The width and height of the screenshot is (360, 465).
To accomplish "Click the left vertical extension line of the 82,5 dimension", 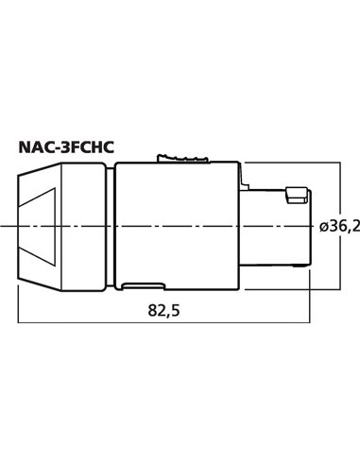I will pos(19,302).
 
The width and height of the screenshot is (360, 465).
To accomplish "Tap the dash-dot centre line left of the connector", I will pos(9,227).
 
